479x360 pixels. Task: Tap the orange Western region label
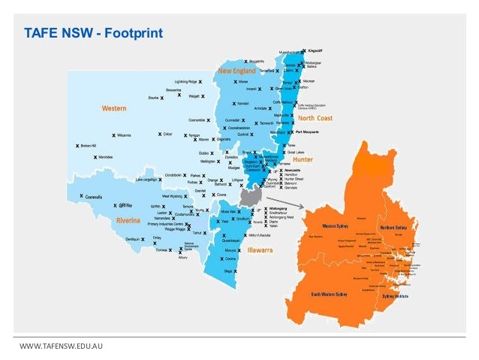(114, 108)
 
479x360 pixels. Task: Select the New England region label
(237, 71)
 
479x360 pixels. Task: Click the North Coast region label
(315, 118)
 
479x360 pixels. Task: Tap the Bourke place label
(155, 97)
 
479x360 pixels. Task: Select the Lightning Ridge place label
(185, 81)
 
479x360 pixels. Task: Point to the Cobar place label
(167, 135)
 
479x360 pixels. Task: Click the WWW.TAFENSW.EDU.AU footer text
(61, 344)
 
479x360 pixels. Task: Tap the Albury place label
(182, 257)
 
